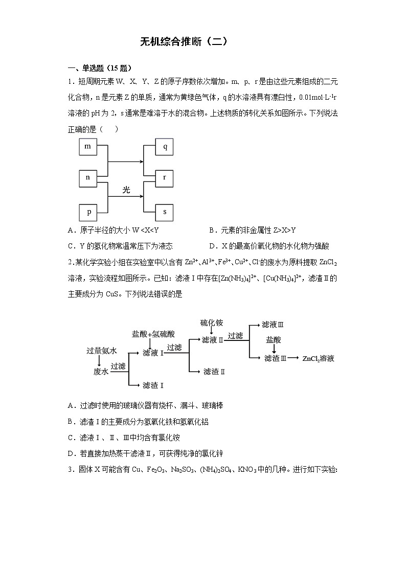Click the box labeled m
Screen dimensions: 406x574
pyautogui.click(x=87, y=147)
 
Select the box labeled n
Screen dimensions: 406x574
pyautogui.click(x=87, y=177)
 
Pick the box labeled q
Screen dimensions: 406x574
pyautogui.click(x=165, y=147)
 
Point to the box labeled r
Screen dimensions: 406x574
pyautogui.click(x=165, y=177)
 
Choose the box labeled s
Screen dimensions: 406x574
pyautogui.click(x=165, y=211)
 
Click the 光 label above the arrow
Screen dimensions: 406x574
pyautogui.click(x=126, y=190)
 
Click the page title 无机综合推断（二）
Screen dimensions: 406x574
pyautogui.click(x=184, y=42)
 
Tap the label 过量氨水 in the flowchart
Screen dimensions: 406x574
pyautogui.click(x=102, y=351)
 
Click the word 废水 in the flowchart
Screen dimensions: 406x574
pyautogui.click(x=101, y=372)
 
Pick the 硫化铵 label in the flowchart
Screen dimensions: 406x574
pyautogui.click(x=211, y=323)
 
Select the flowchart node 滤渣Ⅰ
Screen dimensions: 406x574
pyautogui.click(x=153, y=385)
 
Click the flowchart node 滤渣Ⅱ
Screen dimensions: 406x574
pyautogui.click(x=214, y=372)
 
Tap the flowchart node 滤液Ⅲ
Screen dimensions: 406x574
pyautogui.click(x=273, y=324)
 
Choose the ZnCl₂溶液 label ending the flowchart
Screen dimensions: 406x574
pyautogui.click(x=318, y=359)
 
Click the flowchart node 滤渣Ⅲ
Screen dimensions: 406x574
pyautogui.click(x=276, y=359)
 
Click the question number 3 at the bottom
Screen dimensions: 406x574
pyautogui.click(x=70, y=469)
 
